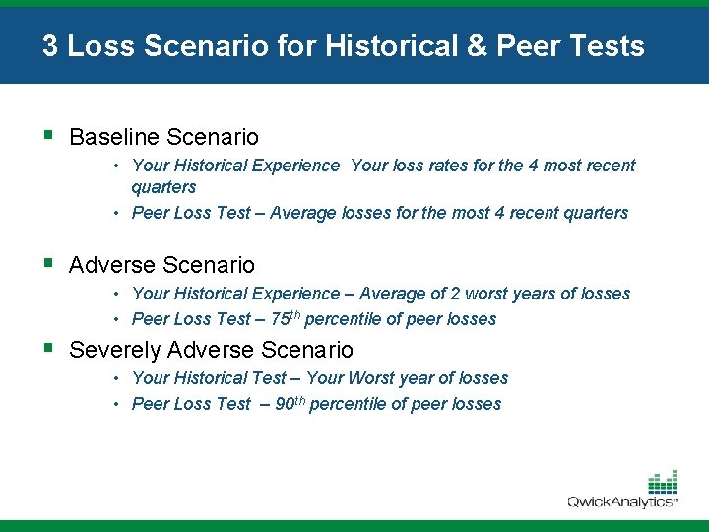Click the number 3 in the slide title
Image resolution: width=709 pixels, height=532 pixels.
point(49,46)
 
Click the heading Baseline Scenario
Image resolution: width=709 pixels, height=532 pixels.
point(163,137)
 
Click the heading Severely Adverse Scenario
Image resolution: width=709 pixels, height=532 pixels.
point(211,350)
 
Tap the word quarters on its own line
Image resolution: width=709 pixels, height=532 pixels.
point(163,187)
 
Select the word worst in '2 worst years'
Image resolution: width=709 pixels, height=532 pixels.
point(487,294)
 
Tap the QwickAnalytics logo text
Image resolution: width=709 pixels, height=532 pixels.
point(620,502)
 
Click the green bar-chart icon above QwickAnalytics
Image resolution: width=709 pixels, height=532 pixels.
point(662,482)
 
